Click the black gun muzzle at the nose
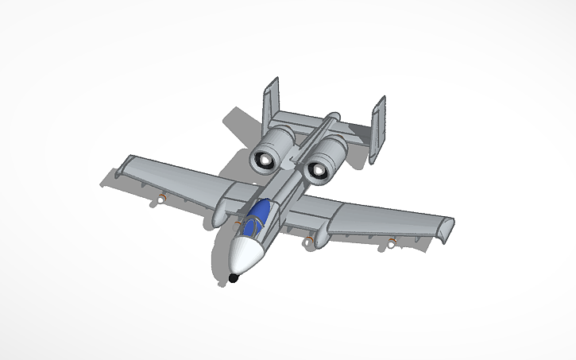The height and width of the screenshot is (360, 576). pos(234,278)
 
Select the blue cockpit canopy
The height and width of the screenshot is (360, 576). pos(259,217)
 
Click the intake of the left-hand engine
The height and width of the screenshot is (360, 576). pos(263,161)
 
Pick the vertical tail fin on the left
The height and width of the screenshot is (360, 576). pos(271,104)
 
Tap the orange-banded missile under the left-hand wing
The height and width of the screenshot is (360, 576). pos(161,198)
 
